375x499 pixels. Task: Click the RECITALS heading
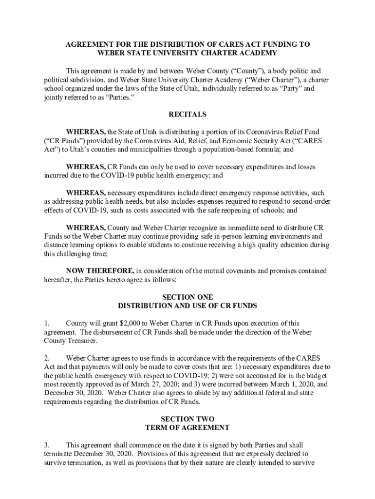tap(187, 115)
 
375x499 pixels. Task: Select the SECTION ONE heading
tap(187, 297)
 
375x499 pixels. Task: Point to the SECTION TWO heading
tap(187, 419)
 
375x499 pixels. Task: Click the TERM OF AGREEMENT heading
tap(187, 427)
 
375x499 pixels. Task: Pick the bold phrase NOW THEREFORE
tap(100, 270)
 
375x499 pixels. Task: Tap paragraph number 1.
tap(47, 323)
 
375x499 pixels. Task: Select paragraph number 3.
tap(47, 445)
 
